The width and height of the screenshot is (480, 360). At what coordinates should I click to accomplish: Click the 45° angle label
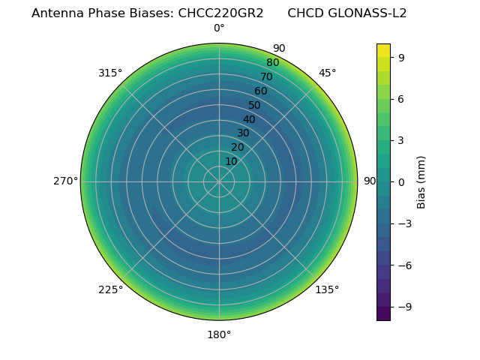point(327,73)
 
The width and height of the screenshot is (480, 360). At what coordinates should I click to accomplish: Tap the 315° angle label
point(110,73)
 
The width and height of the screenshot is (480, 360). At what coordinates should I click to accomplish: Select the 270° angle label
point(66,181)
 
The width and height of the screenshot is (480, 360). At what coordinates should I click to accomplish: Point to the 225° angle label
point(110,290)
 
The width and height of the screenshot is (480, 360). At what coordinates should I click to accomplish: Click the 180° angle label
point(219,334)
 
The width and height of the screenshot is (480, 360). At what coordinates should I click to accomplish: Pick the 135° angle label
point(327,290)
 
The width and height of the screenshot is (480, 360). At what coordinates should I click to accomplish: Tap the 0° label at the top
point(219,28)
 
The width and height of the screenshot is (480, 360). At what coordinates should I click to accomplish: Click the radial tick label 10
point(231,161)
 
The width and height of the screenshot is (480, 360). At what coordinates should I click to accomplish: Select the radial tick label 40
point(249,119)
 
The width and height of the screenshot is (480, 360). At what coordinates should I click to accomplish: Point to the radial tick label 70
point(266,76)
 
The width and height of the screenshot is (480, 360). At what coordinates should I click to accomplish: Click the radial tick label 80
point(272,63)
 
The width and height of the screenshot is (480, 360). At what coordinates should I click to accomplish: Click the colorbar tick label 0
point(401,182)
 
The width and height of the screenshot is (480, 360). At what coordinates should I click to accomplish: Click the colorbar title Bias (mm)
point(421,182)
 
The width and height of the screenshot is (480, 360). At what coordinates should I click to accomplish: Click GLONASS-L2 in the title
point(368,13)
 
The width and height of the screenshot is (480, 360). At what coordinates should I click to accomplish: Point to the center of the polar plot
point(219,181)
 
